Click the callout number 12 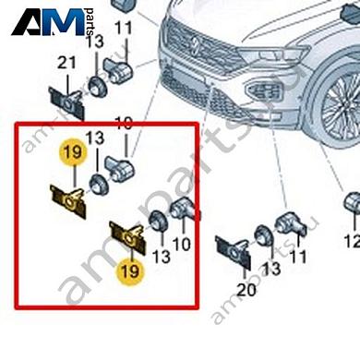coord(351,242)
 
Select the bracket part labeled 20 coord(231,251)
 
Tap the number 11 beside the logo coord(124,30)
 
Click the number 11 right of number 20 coord(297,254)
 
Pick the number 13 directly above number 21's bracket coord(94,43)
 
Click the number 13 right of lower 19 coord(162,255)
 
